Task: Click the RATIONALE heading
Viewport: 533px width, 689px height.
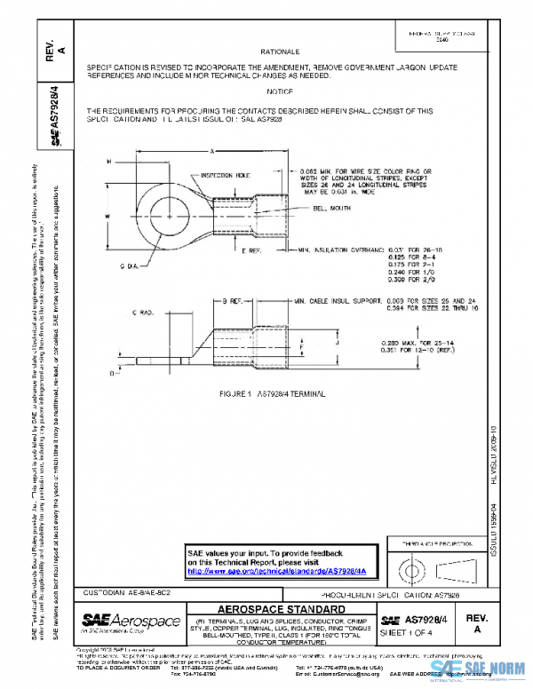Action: (x=286, y=52)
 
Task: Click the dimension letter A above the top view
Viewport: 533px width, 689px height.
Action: (x=212, y=152)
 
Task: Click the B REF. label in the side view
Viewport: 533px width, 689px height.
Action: (x=234, y=302)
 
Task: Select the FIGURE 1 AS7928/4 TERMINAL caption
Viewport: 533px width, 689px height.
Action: (x=274, y=392)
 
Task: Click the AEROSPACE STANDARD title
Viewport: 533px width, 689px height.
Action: (x=282, y=609)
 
